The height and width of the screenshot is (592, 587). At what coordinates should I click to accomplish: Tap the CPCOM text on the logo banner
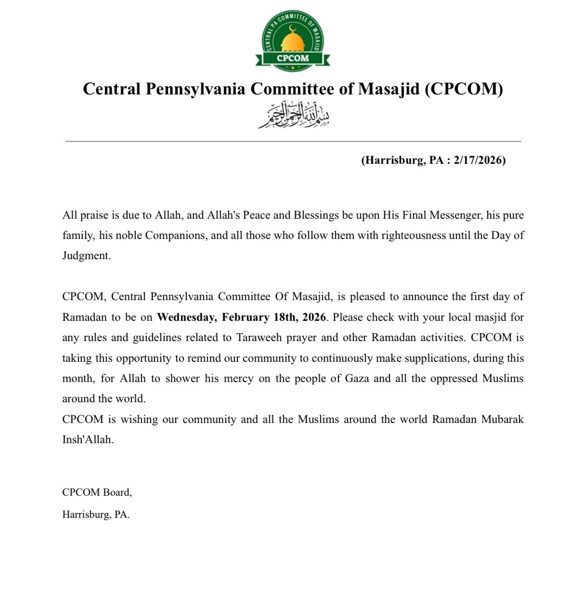[293, 58]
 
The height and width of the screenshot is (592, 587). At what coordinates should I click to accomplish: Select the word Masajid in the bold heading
[389, 89]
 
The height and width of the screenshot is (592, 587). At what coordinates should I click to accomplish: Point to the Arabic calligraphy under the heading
[293, 116]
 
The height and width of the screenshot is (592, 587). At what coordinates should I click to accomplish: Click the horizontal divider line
[293, 142]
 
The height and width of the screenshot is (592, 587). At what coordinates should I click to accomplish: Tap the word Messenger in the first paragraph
[456, 215]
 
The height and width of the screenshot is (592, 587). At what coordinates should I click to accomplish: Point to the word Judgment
[86, 256]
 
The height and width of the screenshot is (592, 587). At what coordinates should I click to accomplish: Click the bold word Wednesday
[186, 317]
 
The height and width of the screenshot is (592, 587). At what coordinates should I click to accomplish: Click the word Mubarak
[502, 420]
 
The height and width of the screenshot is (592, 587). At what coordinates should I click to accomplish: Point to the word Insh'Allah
[87, 440]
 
